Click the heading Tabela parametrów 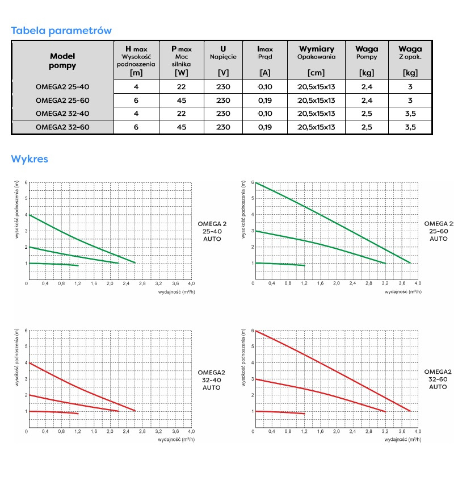pyautogui.click(x=61, y=31)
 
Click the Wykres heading pyautogui.click(x=30, y=159)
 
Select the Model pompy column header pyautogui.click(x=62, y=61)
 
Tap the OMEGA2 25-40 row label pyautogui.click(x=62, y=87)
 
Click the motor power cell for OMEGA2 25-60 pyautogui.click(x=182, y=101)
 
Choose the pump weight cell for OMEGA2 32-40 pyautogui.click(x=366, y=114)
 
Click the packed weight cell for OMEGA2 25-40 pyautogui.click(x=410, y=87)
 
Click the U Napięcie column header pyautogui.click(x=223, y=60)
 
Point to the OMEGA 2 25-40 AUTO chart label pyautogui.click(x=212, y=231)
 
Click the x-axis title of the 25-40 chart pyautogui.click(x=177, y=291)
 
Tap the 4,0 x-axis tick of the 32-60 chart pyautogui.click(x=418, y=431)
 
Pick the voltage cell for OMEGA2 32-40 pyautogui.click(x=223, y=114)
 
